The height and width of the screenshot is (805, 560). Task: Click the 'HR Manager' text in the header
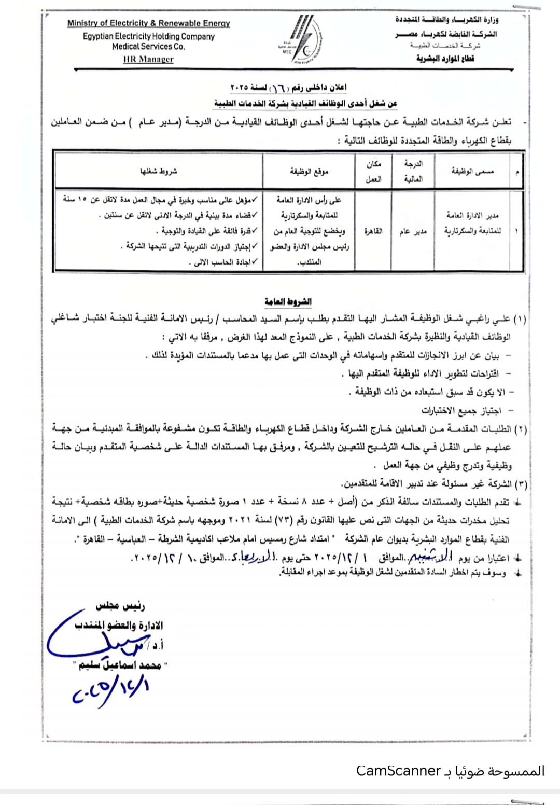pyautogui.click(x=148, y=59)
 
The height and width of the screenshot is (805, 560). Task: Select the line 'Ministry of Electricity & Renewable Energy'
pyautogui.click(x=148, y=23)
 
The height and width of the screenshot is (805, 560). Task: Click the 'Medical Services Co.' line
pyautogui.click(x=148, y=47)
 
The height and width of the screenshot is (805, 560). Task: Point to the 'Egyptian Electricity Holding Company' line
pyautogui.click(x=148, y=37)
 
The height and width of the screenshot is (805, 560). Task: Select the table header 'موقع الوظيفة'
pyautogui.click(x=309, y=171)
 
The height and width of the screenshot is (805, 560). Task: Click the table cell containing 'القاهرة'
pyautogui.click(x=373, y=231)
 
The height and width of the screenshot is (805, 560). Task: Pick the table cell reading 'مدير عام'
pyautogui.click(x=413, y=231)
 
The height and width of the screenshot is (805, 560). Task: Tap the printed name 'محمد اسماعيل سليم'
pyautogui.click(x=123, y=665)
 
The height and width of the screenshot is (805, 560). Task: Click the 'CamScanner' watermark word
pyautogui.click(x=398, y=771)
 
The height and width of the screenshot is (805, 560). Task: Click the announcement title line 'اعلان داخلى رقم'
pyautogui.click(x=288, y=87)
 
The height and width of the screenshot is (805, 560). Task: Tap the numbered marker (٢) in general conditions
pyautogui.click(x=520, y=429)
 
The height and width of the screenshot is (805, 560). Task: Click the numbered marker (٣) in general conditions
pyautogui.click(x=520, y=484)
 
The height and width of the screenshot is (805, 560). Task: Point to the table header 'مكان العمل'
pyautogui.click(x=374, y=171)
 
